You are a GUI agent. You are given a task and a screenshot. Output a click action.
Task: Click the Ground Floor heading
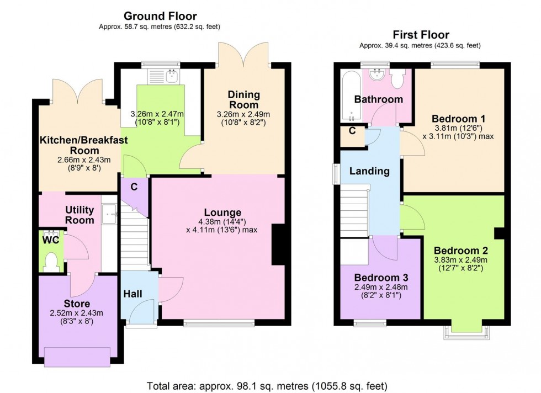160,16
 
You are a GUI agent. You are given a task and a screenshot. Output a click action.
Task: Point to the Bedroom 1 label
458,119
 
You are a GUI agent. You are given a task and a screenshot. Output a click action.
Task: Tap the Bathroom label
379,99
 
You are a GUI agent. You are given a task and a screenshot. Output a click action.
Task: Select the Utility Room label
79,215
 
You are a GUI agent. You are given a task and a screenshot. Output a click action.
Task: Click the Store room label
77,304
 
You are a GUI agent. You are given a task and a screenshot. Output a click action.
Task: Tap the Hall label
132,294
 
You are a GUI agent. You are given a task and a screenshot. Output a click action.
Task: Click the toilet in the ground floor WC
51,261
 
